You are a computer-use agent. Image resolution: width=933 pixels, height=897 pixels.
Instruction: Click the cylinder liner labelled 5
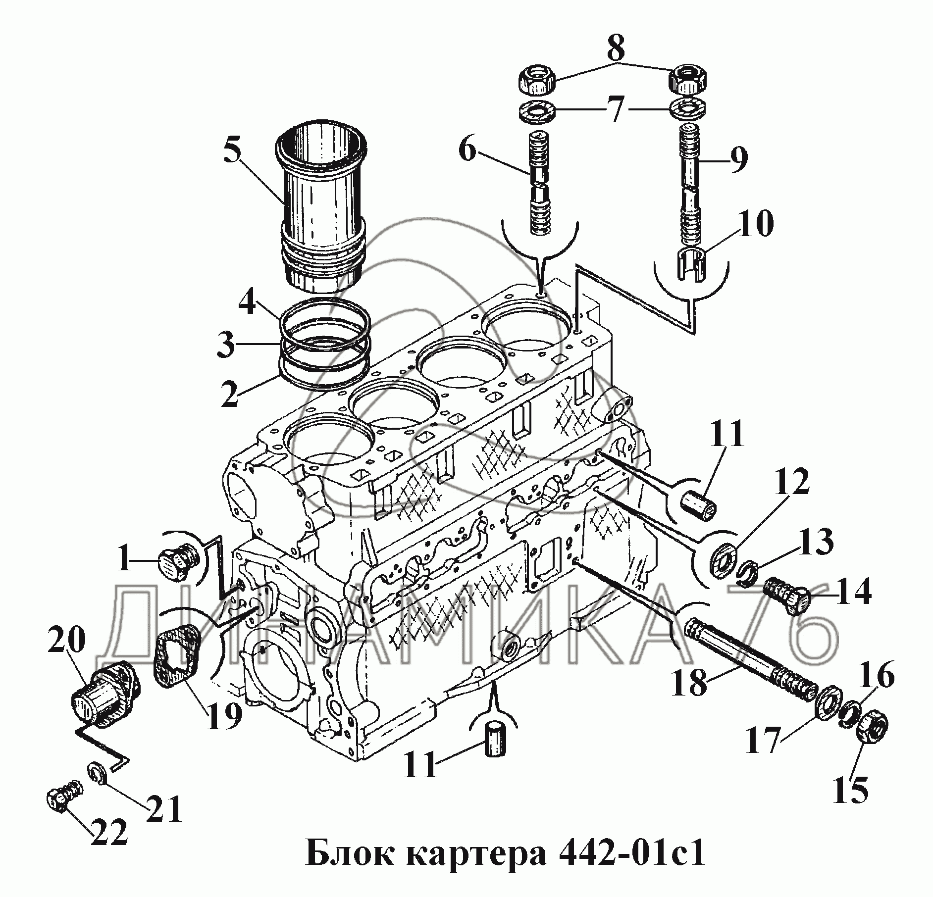point(322,208)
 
